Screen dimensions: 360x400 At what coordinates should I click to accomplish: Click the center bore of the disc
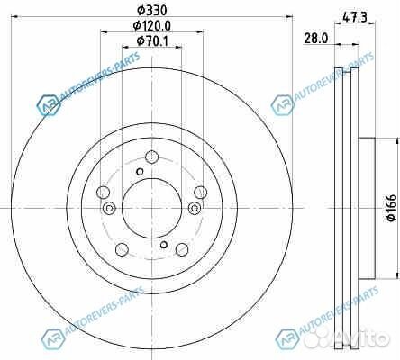[150, 208]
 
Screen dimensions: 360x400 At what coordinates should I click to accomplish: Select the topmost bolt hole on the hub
[150, 156]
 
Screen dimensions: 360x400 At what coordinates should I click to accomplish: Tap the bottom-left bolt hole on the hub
[120, 250]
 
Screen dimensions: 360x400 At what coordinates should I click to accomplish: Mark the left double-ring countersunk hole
[109, 209]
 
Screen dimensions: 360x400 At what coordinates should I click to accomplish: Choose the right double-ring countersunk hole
[192, 209]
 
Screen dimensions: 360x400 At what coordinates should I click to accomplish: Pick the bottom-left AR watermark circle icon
[47, 337]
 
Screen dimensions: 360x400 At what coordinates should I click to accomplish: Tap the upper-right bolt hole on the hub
[200, 192]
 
